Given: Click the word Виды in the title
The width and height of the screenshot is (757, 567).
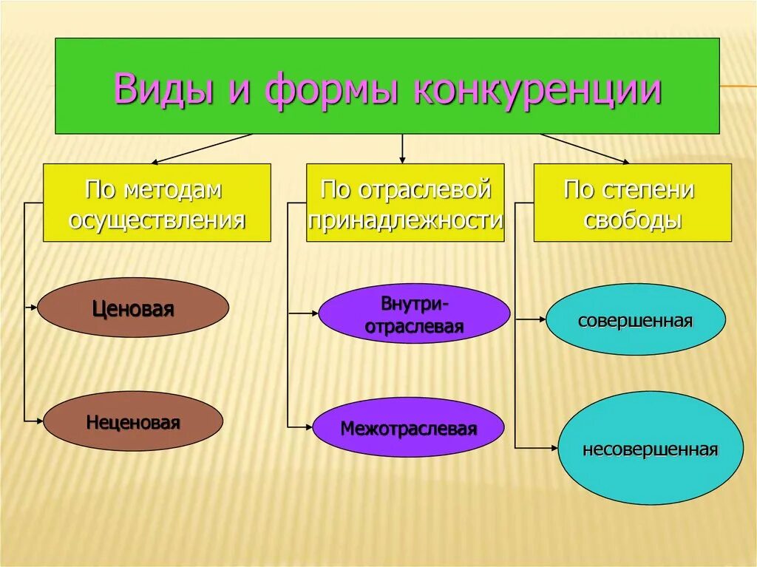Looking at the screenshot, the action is pos(160,89).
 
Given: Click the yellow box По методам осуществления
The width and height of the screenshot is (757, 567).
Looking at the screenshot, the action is pos(157,203).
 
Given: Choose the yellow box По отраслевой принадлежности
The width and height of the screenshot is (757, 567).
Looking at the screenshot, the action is pos(405,203).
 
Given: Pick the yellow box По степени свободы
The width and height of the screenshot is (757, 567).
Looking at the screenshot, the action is pos(632,203).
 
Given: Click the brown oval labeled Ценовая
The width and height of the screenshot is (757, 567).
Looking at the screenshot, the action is pos(133,308).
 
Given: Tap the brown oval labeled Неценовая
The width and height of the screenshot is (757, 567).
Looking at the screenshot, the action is pos(133,422).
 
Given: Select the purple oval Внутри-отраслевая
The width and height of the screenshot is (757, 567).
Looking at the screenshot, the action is pos(414,314).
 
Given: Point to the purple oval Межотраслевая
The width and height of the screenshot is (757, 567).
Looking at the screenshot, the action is pos(408,428).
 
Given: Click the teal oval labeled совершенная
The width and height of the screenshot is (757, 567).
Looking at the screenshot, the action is pos(635,320).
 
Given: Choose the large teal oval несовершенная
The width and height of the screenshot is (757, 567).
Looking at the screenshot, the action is pos(650,449).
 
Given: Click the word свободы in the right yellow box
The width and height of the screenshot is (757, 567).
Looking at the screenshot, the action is pos(632,220).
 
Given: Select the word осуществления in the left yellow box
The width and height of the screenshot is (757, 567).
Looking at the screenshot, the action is pos(157,220).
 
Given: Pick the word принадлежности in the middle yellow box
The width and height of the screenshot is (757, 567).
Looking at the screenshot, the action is pos(405,220).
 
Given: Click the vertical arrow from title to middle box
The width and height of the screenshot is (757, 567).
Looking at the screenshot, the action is pos(402,149).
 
